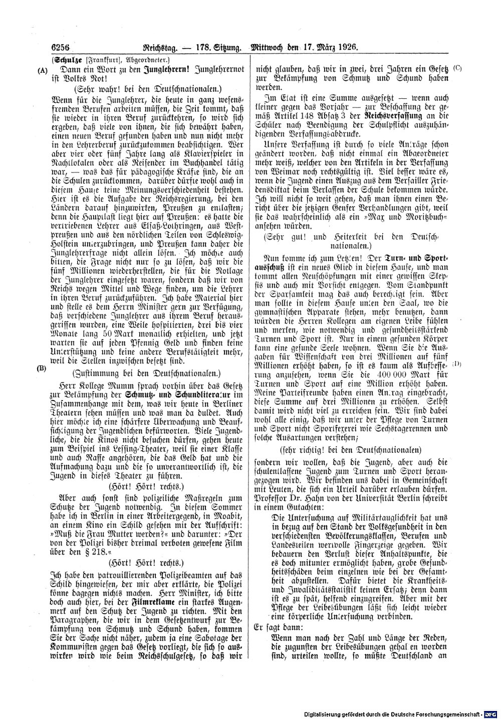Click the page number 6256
point(59,48)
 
